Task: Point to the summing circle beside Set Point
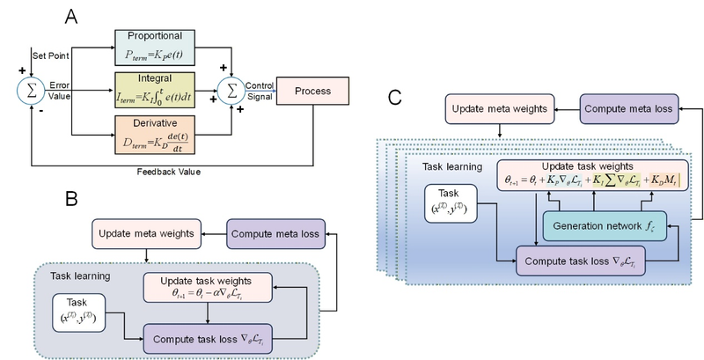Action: pos(31,90)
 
